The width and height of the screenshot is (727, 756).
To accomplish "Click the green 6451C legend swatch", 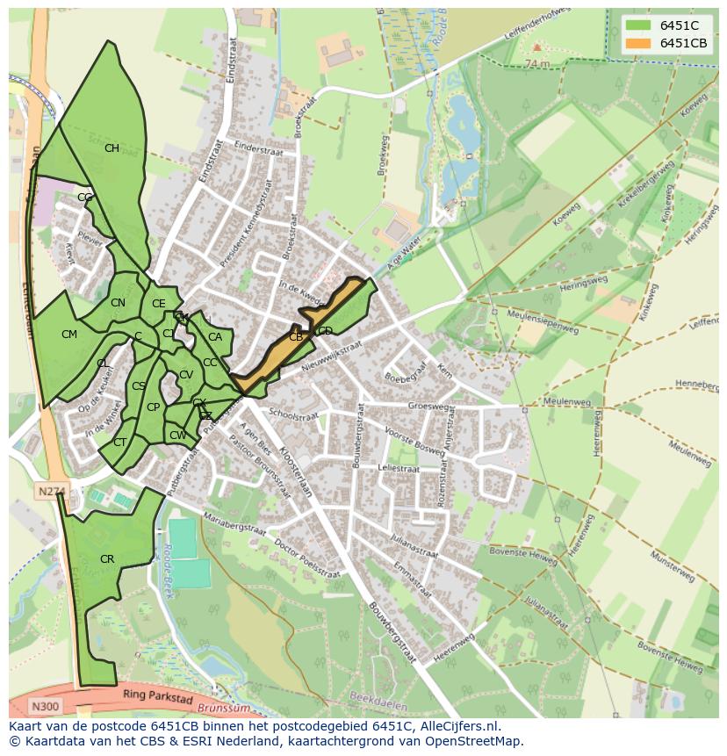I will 637,25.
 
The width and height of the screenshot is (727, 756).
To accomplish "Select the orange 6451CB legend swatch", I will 637,43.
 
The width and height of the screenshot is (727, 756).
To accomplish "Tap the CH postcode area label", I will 112,148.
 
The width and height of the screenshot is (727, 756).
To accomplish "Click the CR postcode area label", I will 107,559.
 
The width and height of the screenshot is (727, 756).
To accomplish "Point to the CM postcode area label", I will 69,335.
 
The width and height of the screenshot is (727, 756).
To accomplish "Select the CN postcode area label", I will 118,303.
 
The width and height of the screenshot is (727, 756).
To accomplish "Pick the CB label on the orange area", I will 296,337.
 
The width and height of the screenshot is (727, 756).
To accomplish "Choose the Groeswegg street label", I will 428,407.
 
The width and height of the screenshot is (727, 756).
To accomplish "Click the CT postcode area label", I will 119,443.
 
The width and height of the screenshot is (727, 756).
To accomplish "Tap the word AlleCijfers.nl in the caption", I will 457,726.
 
